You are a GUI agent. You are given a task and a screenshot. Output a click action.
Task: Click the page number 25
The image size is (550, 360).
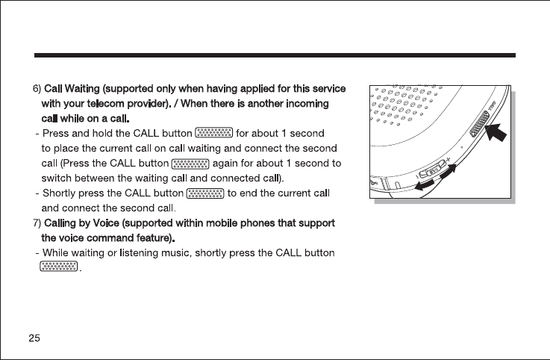[34, 338]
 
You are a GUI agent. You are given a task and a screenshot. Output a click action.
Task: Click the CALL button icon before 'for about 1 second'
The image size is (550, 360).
[213, 134]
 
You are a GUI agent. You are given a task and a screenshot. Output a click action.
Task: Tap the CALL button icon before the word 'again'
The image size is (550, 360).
[190, 163]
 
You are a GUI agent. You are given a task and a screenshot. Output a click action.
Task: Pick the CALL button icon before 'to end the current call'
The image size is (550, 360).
[204, 193]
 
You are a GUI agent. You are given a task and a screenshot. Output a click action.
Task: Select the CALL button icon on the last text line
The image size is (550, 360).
[59, 267]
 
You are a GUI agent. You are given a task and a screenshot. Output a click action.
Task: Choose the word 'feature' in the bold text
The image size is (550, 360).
[153, 238]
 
